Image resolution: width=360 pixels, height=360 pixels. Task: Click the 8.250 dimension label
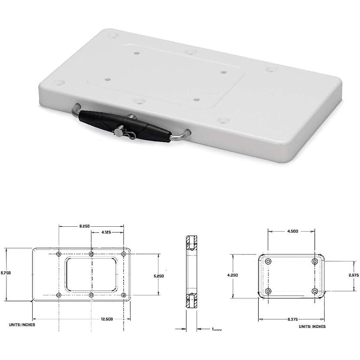point(84,226)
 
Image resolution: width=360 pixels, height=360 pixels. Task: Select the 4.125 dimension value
point(107,232)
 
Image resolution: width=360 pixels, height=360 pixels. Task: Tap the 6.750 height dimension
point(6,273)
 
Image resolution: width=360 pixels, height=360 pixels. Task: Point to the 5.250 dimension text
point(158,276)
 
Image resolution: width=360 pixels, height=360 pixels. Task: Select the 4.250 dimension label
point(233,275)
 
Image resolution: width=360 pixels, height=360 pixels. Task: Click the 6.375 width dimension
point(292,319)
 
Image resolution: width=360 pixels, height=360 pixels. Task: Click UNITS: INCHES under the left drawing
point(22,324)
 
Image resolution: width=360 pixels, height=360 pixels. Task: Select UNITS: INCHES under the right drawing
point(312,326)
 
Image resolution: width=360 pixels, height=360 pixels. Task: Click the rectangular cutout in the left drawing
point(92,275)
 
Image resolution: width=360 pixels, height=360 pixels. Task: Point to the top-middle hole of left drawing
point(91,254)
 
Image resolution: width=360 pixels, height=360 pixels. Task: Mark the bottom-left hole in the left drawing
point(59,295)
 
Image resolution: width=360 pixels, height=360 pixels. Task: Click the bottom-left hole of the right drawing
point(269,291)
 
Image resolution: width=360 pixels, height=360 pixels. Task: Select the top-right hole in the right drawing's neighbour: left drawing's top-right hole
point(124,254)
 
